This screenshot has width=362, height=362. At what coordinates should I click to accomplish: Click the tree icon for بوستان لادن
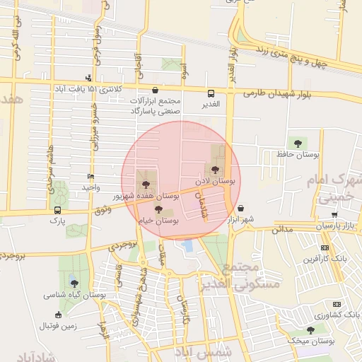click(215, 169)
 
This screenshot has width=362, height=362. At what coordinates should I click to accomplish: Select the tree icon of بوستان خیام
click(158, 209)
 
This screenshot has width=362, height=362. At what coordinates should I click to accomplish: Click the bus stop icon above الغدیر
click(210, 93)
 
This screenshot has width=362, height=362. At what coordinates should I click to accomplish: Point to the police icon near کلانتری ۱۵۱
click(88, 78)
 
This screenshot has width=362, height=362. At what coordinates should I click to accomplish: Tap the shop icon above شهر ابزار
click(243, 209)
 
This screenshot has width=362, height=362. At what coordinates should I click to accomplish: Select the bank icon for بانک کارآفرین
click(325, 247)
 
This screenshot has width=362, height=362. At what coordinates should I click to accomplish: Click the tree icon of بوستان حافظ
click(295, 143)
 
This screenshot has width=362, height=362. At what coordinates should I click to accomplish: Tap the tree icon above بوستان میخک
click(310, 329)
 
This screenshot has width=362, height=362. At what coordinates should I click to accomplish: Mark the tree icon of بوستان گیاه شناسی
click(74, 283)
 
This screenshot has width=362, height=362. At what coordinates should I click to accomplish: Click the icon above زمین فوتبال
click(57, 315)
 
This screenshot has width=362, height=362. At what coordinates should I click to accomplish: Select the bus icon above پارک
click(57, 210)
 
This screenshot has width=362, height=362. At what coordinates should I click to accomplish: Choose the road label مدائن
click(282, 229)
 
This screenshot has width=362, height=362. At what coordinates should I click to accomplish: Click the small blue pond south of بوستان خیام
click(187, 246)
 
